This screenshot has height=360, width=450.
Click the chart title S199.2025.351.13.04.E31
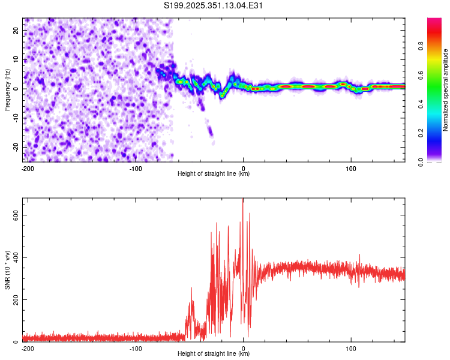[214, 5]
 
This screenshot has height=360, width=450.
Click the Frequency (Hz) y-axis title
[7, 90]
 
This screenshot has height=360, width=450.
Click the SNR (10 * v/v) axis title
[7, 270]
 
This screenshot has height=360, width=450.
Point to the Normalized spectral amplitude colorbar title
[446, 91]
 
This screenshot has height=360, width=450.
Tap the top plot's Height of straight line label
[214, 173]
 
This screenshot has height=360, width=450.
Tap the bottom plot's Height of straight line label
[214, 353]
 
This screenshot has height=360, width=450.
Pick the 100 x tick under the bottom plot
[350, 348]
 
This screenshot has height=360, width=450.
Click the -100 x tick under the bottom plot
[136, 348]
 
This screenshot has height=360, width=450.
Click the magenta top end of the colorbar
[434, 20]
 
